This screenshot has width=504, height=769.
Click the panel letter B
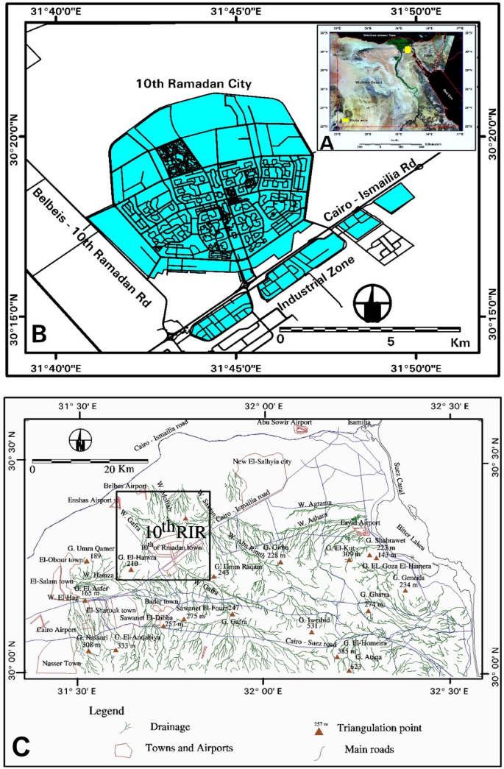coord(40,334)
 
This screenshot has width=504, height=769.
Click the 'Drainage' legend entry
coord(171,727)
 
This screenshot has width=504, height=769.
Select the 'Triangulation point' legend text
coord(379,728)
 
